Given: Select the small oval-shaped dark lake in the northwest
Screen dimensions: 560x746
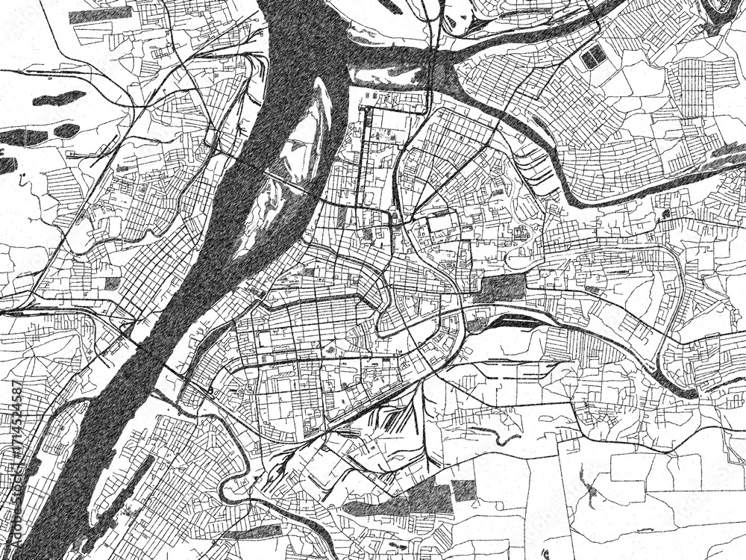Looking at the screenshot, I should coord(66,131).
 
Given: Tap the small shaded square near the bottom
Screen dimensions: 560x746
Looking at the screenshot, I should coord(463,490).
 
